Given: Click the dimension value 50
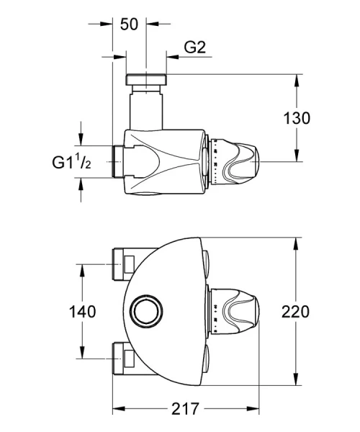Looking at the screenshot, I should point(129,23).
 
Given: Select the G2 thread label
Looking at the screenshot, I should point(195,48).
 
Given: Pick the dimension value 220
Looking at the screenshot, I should point(295,312).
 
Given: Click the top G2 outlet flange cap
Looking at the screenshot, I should point(146,78).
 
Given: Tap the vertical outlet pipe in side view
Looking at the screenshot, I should point(146,108).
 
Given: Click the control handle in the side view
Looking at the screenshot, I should point(238,162).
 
